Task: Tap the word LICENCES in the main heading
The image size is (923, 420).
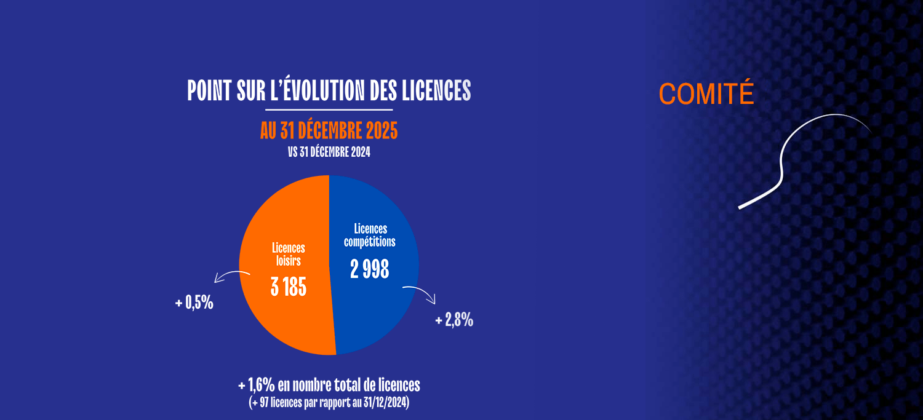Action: pyautogui.click(x=436, y=91)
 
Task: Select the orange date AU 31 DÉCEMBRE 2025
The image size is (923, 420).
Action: pyautogui.click(x=329, y=130)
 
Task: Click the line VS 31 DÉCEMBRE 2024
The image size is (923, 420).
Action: pyautogui.click(x=329, y=152)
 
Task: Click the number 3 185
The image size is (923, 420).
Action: pyautogui.click(x=288, y=287)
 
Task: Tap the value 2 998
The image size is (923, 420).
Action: pyautogui.click(x=369, y=269)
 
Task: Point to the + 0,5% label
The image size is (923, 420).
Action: pyautogui.click(x=194, y=303)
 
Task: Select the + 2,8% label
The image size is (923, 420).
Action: pyautogui.click(x=454, y=320)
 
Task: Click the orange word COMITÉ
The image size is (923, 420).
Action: pyautogui.click(x=706, y=94)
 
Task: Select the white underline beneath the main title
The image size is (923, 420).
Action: pyautogui.click(x=329, y=109)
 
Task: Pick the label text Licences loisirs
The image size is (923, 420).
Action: pyautogui.click(x=288, y=254)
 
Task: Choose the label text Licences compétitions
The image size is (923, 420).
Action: pyautogui.click(x=369, y=236)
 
